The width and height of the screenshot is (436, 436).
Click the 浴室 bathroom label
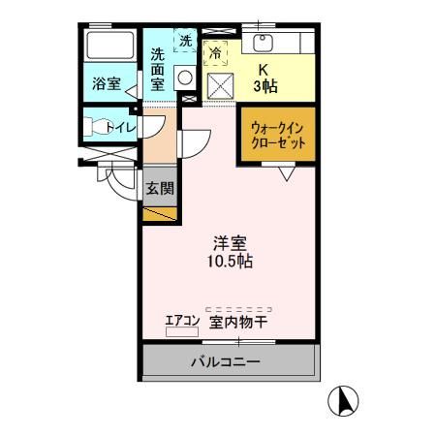click(x=106, y=83)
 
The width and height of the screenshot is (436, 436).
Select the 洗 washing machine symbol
click(x=185, y=43)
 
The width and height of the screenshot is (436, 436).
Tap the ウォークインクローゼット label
click(x=278, y=134)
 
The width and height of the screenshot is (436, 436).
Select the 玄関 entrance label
click(x=160, y=188)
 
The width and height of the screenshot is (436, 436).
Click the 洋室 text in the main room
click(x=230, y=242)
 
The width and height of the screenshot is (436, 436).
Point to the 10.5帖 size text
click(x=230, y=262)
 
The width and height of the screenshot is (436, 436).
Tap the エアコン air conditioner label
click(x=182, y=320)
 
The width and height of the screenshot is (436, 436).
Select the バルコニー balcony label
click(x=225, y=362)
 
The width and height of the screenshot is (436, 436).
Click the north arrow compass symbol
click(x=347, y=399)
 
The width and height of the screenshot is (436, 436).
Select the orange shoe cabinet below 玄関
click(x=159, y=212)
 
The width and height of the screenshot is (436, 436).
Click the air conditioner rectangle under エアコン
click(x=181, y=332)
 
